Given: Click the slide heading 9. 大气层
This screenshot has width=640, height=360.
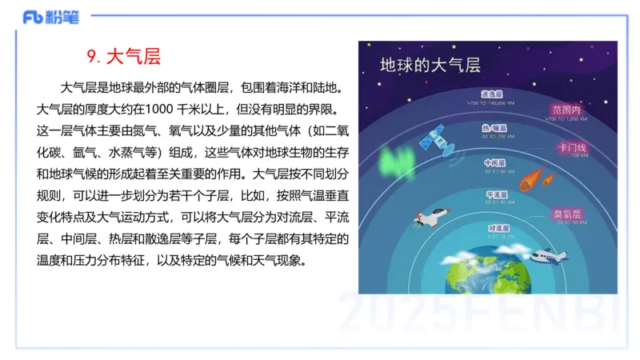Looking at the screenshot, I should coord(123,57).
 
